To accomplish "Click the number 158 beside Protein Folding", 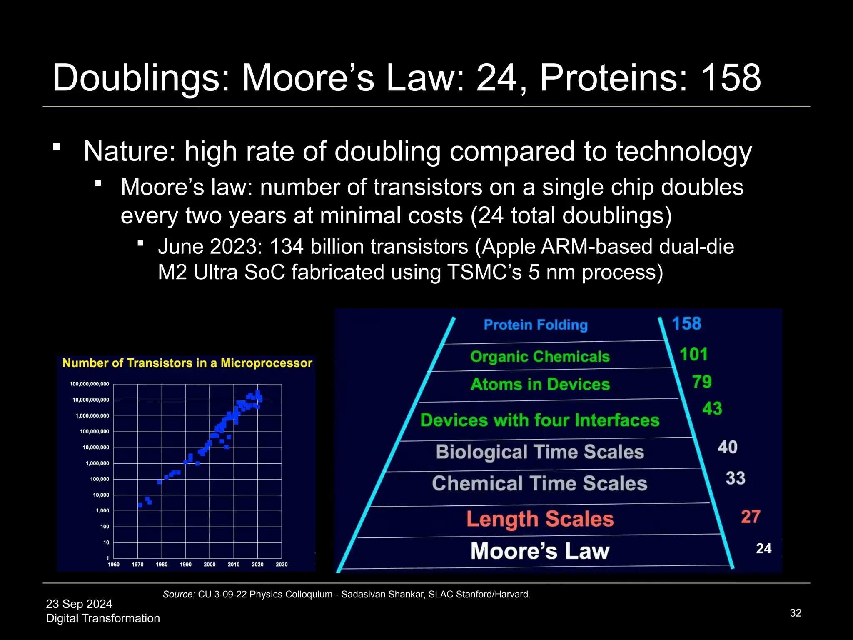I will [x=686, y=324].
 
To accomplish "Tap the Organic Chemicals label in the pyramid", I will [x=540, y=357].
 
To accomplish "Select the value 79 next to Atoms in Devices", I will [x=702, y=382].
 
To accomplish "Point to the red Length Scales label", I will [x=540, y=519].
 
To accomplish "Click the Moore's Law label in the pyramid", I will [x=540, y=551].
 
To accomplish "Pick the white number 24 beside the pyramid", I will [x=763, y=548].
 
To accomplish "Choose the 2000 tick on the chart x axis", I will [x=210, y=565].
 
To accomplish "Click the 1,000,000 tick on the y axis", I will [x=97, y=463].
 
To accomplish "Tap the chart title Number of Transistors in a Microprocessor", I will [x=187, y=363].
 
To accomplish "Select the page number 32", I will [x=796, y=613].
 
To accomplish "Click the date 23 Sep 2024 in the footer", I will [x=79, y=604].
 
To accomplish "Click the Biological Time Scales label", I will [x=540, y=452].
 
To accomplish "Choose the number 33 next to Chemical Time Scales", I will [x=735, y=478].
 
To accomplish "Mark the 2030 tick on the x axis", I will [x=282, y=565].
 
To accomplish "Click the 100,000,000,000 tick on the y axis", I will [x=89, y=384].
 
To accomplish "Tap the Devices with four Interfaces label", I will [x=540, y=420].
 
